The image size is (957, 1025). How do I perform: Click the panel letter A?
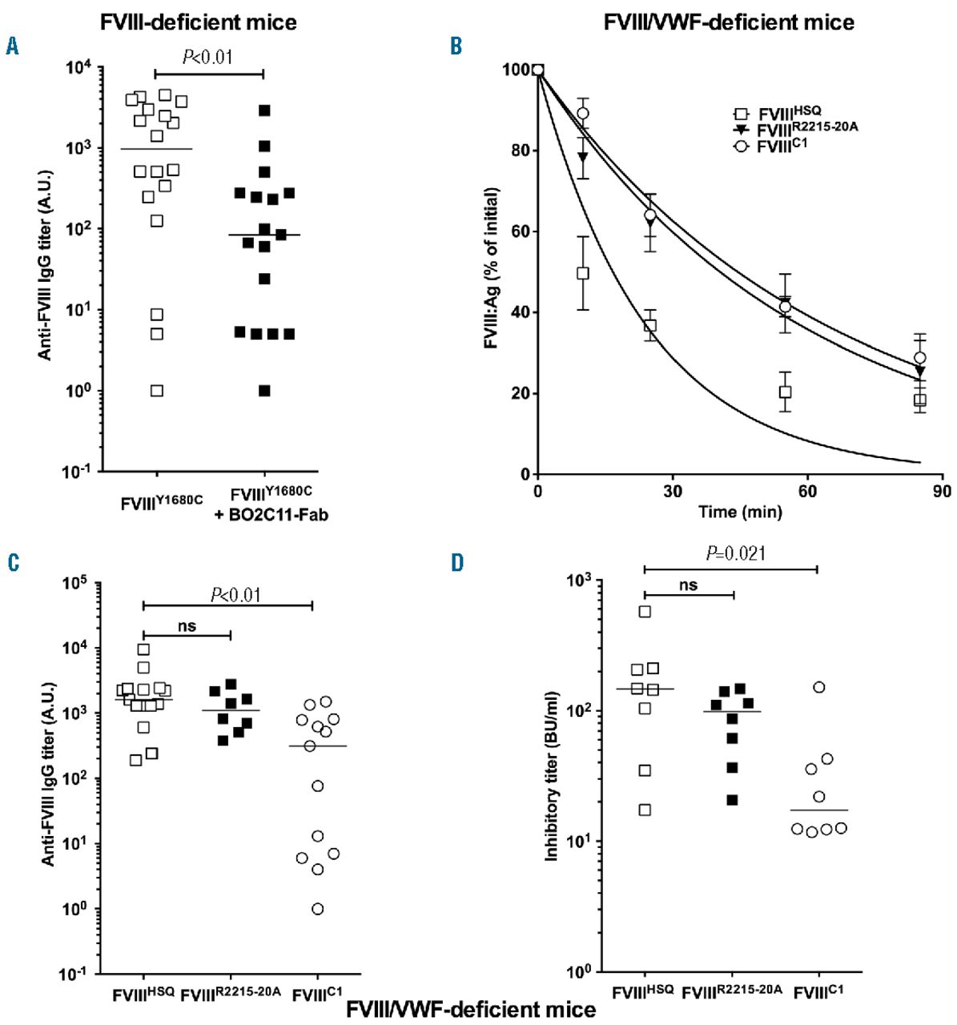click(x=12, y=46)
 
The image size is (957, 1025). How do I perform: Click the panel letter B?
click(x=456, y=46)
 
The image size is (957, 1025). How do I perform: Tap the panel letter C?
click(x=12, y=563)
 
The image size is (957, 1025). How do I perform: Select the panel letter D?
click(x=457, y=563)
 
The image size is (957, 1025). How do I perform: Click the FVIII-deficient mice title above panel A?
click(x=199, y=22)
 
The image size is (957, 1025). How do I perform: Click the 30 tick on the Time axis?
click(x=672, y=491)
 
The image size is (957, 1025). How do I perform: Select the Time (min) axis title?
click(x=739, y=512)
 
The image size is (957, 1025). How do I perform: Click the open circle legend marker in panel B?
click(x=741, y=147)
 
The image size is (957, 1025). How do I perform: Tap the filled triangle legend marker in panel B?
click(x=741, y=129)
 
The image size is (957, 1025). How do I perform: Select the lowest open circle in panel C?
click(x=318, y=909)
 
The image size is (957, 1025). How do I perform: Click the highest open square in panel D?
click(x=645, y=612)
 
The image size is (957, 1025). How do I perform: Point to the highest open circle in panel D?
click(x=819, y=687)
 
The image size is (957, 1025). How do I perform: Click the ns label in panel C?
click(x=186, y=626)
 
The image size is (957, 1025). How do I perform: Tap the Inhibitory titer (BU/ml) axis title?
click(x=552, y=776)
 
